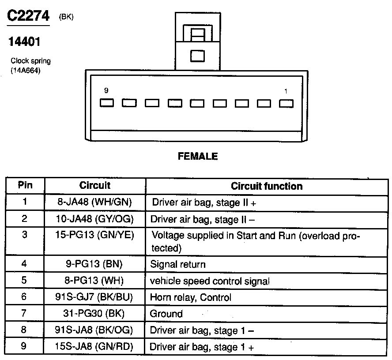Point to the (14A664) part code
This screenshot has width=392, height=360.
(26, 70)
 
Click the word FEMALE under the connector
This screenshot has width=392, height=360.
(197, 156)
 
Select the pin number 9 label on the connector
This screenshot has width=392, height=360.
(106, 90)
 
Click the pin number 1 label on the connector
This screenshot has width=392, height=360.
(286, 91)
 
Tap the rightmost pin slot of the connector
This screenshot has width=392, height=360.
(286, 103)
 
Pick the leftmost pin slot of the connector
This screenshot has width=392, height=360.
(107, 103)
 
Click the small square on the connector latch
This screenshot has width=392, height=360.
(197, 56)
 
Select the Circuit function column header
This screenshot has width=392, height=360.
(267, 186)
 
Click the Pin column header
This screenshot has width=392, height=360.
(25, 185)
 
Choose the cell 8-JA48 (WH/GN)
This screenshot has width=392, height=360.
(95, 202)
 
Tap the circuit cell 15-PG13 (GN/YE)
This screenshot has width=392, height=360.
(95, 235)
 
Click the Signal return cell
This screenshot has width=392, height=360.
(178, 265)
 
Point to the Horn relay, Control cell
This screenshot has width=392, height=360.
(191, 297)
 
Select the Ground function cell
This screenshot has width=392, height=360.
(166, 314)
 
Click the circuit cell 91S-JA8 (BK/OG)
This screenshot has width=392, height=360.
(95, 330)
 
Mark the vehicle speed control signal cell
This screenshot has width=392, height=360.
(210, 281)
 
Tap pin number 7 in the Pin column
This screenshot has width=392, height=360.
(25, 313)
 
